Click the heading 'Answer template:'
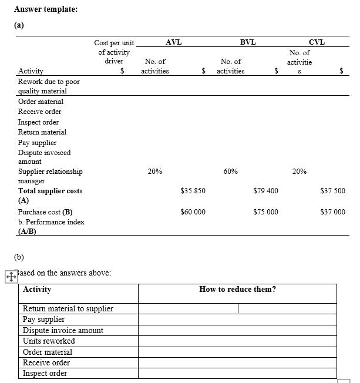(45, 9)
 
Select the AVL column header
(173, 42)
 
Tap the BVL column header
(248, 42)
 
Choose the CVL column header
(317, 42)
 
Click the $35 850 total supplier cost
(193, 191)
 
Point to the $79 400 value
(265, 191)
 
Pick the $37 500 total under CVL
(333, 191)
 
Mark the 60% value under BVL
(231, 172)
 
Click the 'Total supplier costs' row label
(51, 191)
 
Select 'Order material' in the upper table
(41, 102)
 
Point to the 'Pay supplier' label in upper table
(38, 143)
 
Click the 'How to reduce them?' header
(237, 289)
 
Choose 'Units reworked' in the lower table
(49, 341)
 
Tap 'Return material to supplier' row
(68, 309)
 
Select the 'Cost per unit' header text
(114, 43)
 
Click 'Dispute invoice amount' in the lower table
(63, 331)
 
